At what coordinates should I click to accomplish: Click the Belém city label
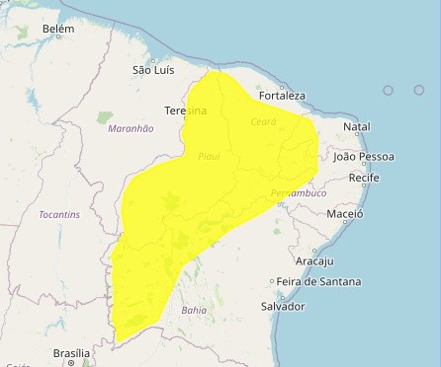pyautogui.click(x=58, y=31)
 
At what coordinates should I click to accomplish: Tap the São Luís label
pyautogui.click(x=153, y=70)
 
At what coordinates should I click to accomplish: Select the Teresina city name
pyautogui.click(x=185, y=110)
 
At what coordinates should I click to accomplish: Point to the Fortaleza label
pyautogui.click(x=282, y=96)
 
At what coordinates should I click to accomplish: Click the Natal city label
pyautogui.click(x=356, y=127)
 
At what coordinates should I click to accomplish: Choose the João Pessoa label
pyautogui.click(x=364, y=157)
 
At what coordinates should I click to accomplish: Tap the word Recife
pyautogui.click(x=364, y=178)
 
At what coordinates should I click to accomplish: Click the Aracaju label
pyautogui.click(x=314, y=260)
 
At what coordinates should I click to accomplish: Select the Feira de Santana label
pyautogui.click(x=318, y=281)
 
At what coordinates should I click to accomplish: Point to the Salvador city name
pyautogui.click(x=282, y=306)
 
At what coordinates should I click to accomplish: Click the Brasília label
pyautogui.click(x=71, y=352)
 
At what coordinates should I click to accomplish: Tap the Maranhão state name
pyautogui.click(x=131, y=128)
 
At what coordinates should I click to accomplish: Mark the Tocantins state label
pyautogui.click(x=59, y=214)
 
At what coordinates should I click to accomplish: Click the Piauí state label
pyautogui.click(x=208, y=156)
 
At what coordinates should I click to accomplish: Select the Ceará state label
pyautogui.click(x=263, y=121)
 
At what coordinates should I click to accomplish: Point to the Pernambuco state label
pyautogui.click(x=298, y=193)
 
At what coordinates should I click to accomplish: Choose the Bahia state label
pyautogui.click(x=194, y=310)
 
